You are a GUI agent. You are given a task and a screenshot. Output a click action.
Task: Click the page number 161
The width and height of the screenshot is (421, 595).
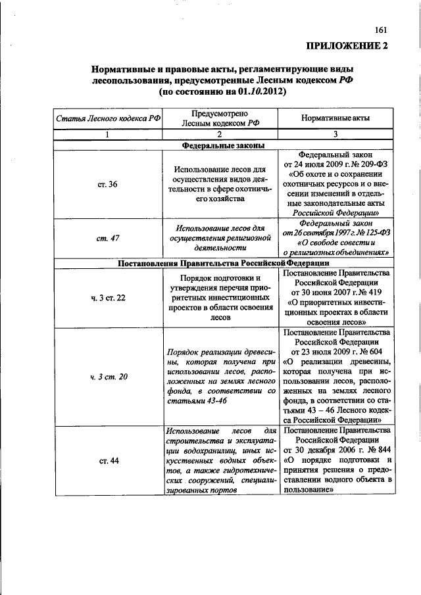point(381,29)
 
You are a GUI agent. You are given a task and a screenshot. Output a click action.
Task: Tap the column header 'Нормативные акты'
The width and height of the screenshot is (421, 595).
point(335,118)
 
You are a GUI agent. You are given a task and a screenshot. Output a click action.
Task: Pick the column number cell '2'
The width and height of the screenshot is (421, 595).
point(224,135)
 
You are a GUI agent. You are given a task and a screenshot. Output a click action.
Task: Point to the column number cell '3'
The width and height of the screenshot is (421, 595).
point(335,135)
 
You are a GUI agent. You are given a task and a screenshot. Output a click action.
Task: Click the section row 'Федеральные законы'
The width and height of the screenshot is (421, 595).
point(224,146)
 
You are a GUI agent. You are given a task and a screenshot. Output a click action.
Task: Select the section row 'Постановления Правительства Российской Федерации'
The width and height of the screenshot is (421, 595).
point(224,263)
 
